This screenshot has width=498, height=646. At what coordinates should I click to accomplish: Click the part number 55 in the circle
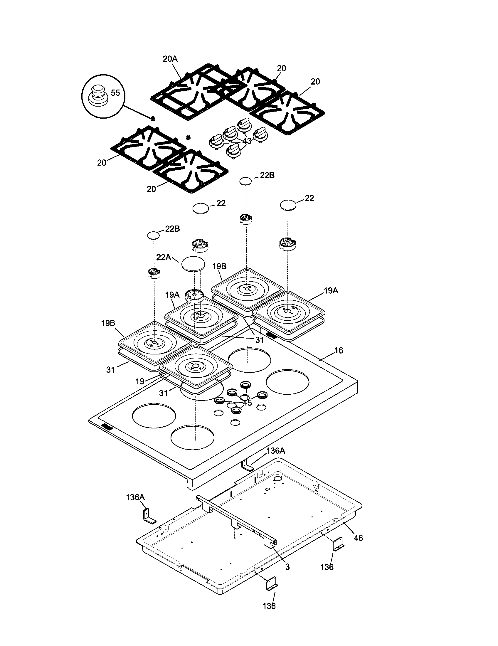point(115,93)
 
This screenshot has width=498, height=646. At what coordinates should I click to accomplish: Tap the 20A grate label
point(170,59)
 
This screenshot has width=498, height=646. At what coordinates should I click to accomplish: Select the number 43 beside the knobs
point(247,141)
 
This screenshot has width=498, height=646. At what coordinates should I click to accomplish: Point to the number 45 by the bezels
point(247,403)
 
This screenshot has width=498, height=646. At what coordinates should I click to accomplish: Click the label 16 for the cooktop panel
point(339,351)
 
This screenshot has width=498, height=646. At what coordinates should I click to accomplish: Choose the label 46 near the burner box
point(358,538)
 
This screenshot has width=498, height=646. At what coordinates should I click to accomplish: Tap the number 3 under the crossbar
point(287,567)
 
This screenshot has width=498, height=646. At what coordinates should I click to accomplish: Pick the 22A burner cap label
point(164,257)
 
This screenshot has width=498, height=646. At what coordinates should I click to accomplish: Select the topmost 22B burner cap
point(245,181)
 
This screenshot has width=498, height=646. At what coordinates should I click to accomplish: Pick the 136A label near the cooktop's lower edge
point(276,451)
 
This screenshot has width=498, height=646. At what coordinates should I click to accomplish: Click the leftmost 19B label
point(108,323)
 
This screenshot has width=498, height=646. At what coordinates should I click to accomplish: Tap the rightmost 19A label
point(331,291)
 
